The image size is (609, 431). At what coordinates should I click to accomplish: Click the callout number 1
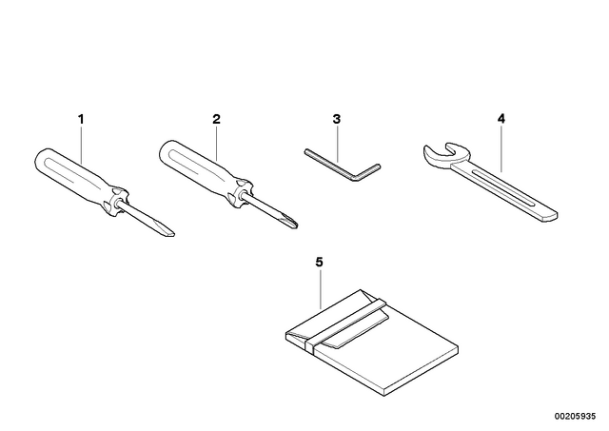pos(81,119)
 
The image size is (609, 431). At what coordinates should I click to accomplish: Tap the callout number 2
pos(216,119)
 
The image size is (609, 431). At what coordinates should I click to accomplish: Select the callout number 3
pos(336,119)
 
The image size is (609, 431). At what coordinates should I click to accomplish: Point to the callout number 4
pos(501,119)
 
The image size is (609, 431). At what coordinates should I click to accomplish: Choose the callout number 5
pos(319,263)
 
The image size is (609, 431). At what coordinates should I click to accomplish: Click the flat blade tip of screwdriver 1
pos(171,234)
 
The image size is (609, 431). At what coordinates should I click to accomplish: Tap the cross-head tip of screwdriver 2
pos(294,225)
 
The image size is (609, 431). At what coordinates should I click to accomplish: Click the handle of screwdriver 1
pos(74,174)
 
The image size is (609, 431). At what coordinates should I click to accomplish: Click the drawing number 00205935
pos(575,416)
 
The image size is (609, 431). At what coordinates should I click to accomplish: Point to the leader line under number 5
pos(320,289)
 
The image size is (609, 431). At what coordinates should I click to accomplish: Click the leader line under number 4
pos(501,148)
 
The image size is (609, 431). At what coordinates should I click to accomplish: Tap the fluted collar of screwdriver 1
pos(116,201)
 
